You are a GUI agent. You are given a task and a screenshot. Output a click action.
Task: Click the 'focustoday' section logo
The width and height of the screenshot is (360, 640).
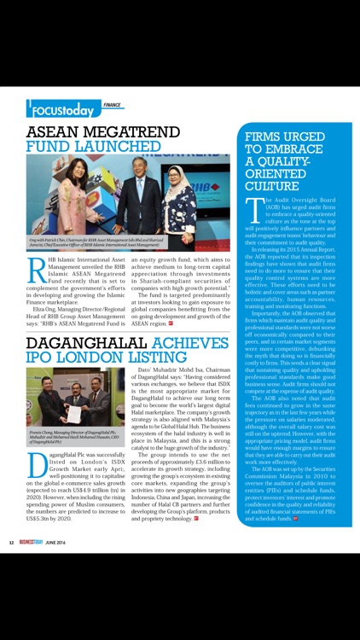[x=62, y=110]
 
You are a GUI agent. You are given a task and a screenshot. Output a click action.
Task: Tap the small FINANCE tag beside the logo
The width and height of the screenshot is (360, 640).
[x=112, y=105]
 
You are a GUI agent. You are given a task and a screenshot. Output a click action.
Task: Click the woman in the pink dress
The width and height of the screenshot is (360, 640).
[x=75, y=196]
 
